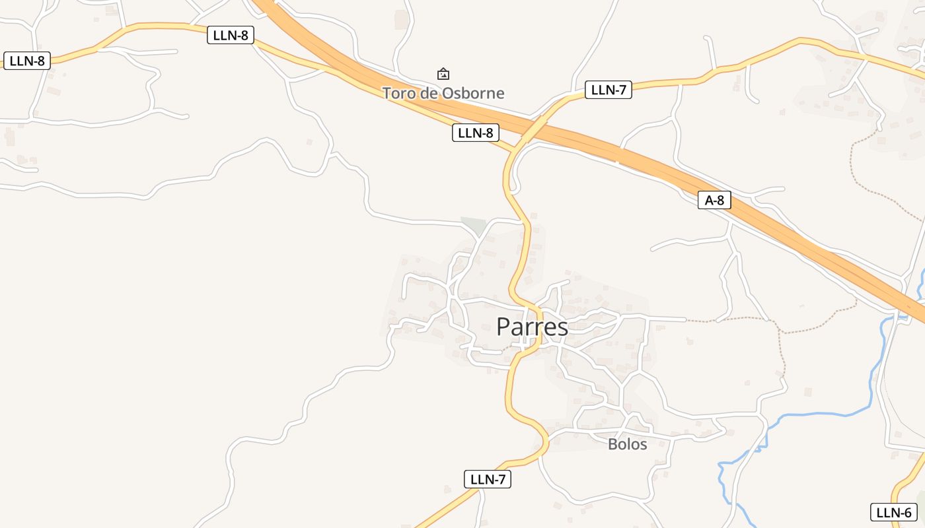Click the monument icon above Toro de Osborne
[x=443, y=73]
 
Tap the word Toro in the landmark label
[x=398, y=94]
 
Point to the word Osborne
[x=473, y=94]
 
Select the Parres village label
[x=532, y=327]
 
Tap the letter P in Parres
[x=503, y=327]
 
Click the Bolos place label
[x=627, y=444]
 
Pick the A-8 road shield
[x=714, y=200]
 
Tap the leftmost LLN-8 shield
[x=27, y=61]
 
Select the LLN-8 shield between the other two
[x=231, y=35]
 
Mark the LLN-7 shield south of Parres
[x=488, y=479]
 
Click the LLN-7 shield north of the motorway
[x=608, y=90]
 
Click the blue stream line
[x=819, y=414]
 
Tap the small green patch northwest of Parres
[x=473, y=224]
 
